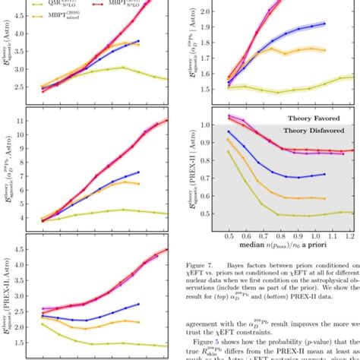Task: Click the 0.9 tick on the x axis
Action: [298, 237]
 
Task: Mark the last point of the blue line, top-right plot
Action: [324, 24]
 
